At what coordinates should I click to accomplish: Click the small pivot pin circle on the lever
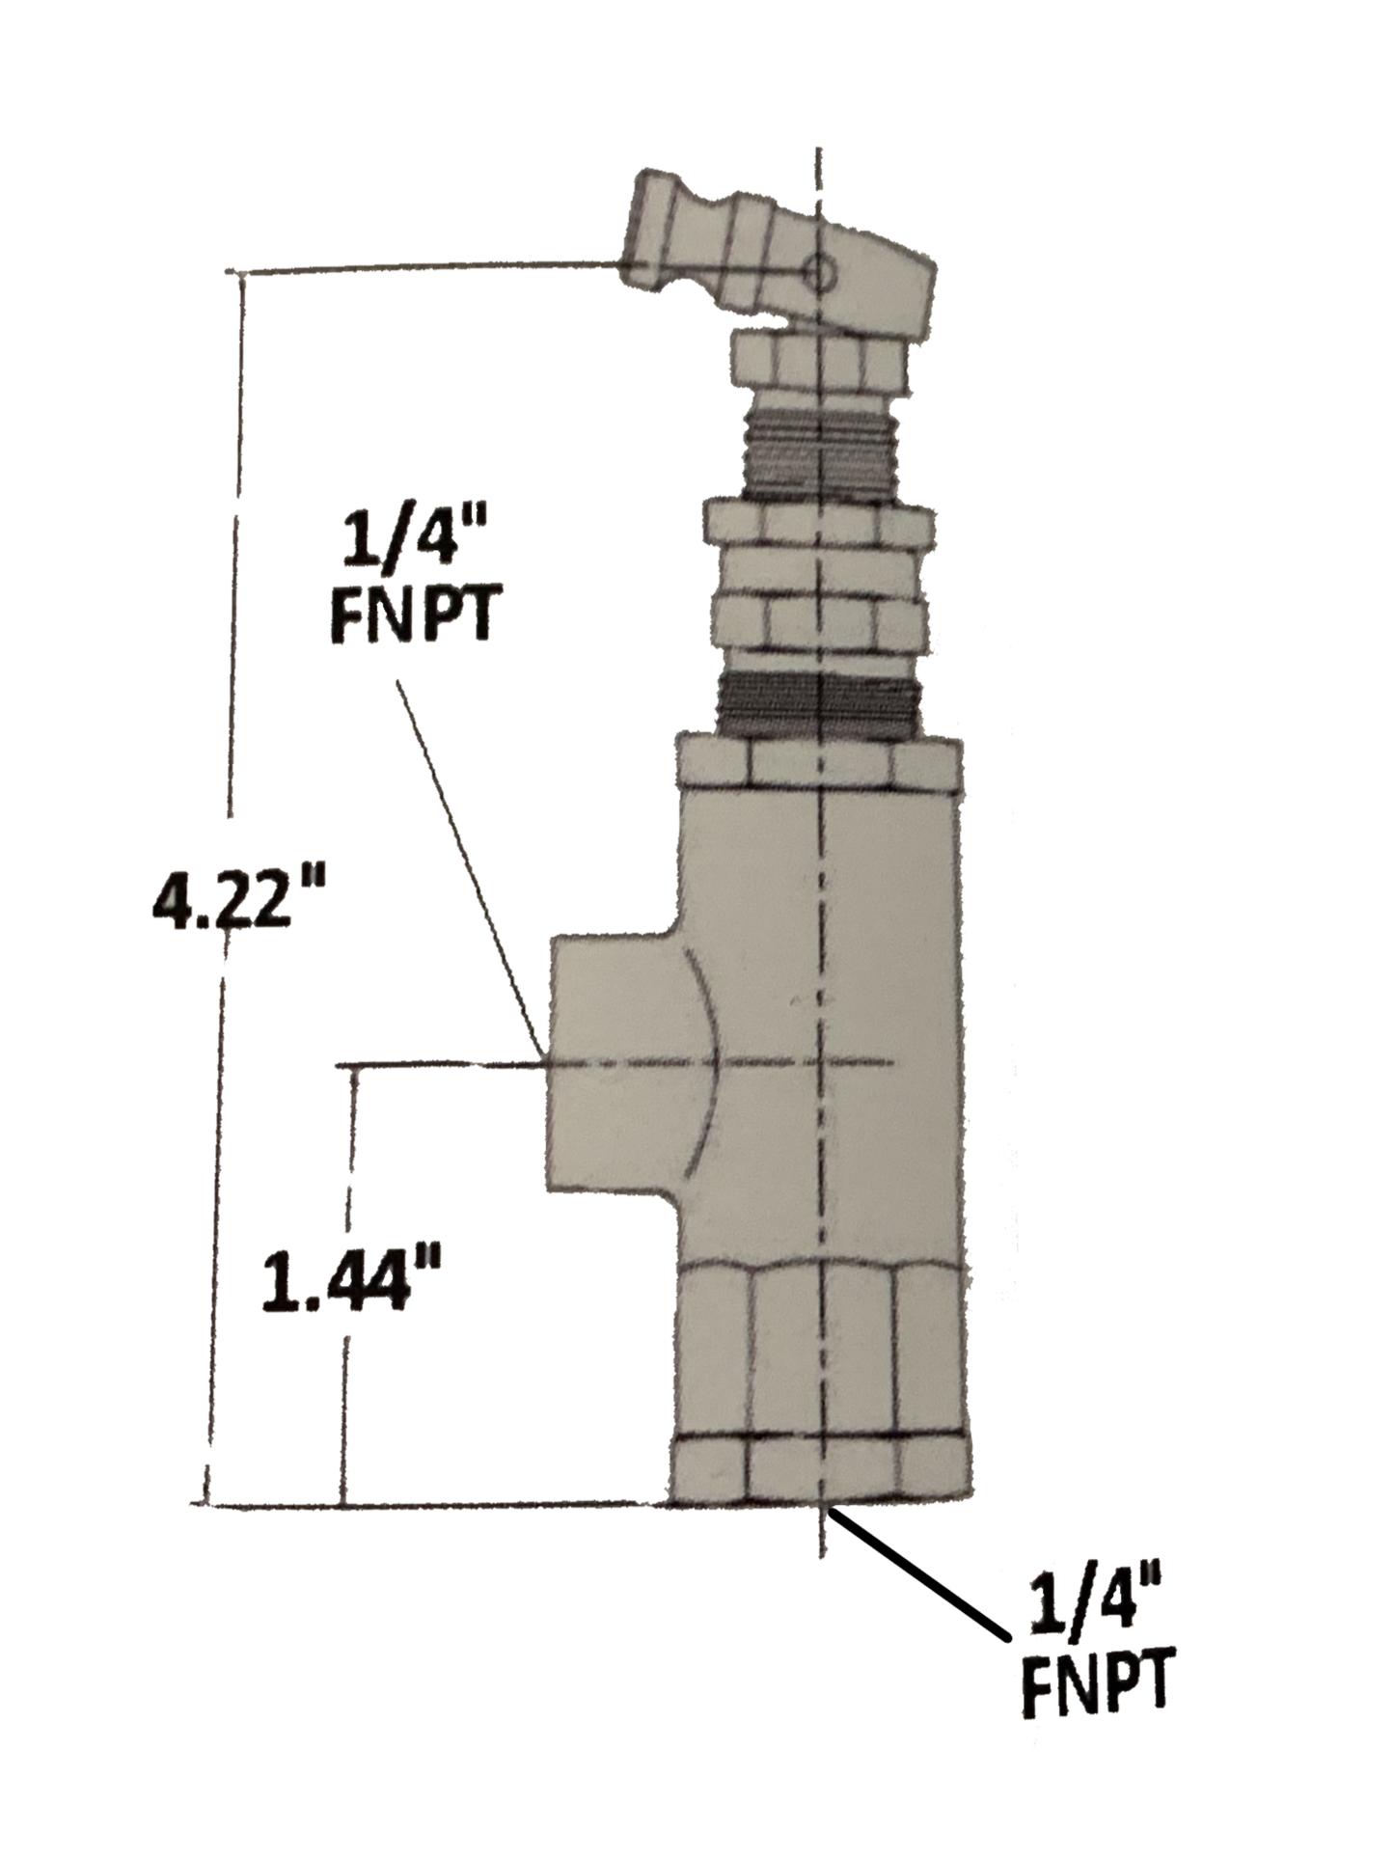[821, 273]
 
